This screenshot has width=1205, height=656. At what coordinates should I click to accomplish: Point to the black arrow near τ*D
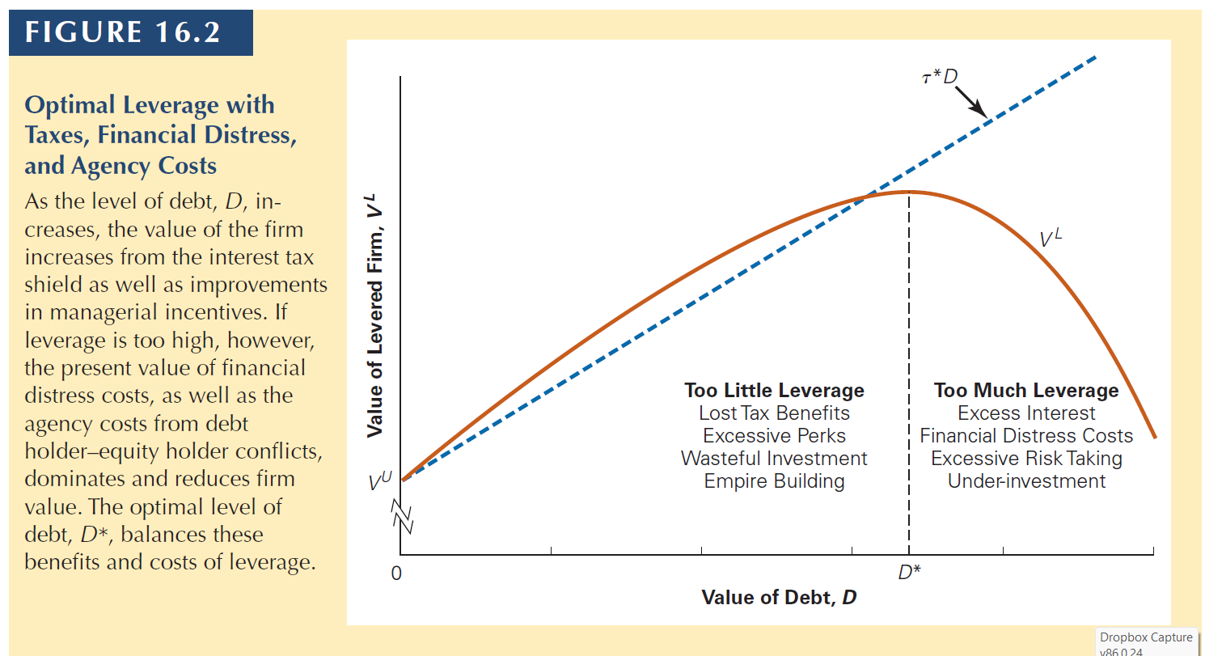[x=970, y=101]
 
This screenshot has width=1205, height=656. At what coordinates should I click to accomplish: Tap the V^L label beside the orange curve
[x=1051, y=239]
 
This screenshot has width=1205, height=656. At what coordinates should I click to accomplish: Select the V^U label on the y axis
[x=380, y=482]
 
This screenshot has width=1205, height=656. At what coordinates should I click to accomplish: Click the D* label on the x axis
[x=909, y=573]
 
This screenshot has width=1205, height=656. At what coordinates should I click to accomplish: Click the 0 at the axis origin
[x=395, y=574]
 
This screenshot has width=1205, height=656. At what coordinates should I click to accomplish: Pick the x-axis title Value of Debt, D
[x=779, y=598]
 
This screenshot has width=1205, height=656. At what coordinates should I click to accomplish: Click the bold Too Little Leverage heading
[x=774, y=391]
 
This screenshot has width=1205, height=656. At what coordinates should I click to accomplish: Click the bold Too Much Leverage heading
[x=1026, y=391]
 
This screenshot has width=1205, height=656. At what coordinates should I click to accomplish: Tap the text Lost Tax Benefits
[x=774, y=413]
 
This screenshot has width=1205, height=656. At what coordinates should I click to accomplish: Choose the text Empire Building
[x=774, y=481]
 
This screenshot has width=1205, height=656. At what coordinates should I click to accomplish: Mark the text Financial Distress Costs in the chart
[x=1026, y=436]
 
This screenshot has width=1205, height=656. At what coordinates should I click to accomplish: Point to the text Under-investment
[x=1026, y=481]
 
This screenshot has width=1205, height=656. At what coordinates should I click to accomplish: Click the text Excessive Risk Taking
[x=1026, y=459]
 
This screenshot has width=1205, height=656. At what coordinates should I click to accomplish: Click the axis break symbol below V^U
[x=402, y=516]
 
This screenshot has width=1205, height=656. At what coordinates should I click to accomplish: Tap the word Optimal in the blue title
[x=74, y=105]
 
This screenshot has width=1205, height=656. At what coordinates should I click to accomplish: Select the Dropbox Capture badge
[x=1145, y=641]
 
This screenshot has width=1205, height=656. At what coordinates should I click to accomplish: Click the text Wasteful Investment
[x=774, y=459]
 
